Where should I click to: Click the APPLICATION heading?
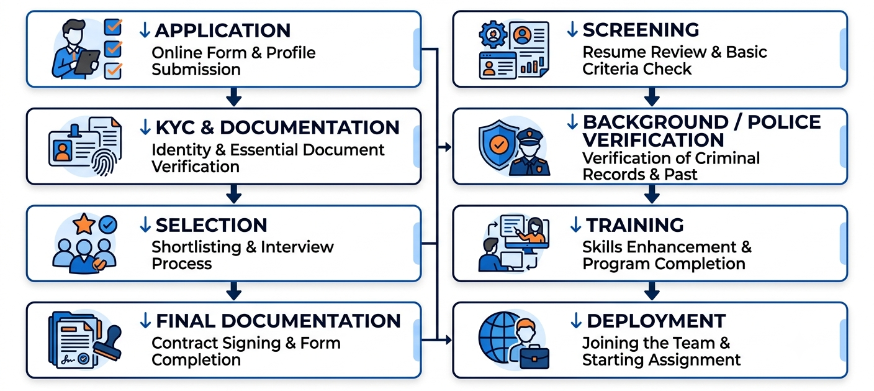point(222,30)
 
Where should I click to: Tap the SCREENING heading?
point(641,30)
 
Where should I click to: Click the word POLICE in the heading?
point(784,122)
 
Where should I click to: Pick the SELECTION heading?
point(211,225)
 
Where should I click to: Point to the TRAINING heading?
point(635,225)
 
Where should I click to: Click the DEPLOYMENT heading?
point(656,321)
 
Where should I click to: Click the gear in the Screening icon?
point(493,34)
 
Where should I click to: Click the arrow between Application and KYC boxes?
point(234,97)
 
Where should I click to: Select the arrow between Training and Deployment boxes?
point(652,291)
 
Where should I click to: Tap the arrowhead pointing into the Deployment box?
point(448,340)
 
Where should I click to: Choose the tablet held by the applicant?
point(87,62)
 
